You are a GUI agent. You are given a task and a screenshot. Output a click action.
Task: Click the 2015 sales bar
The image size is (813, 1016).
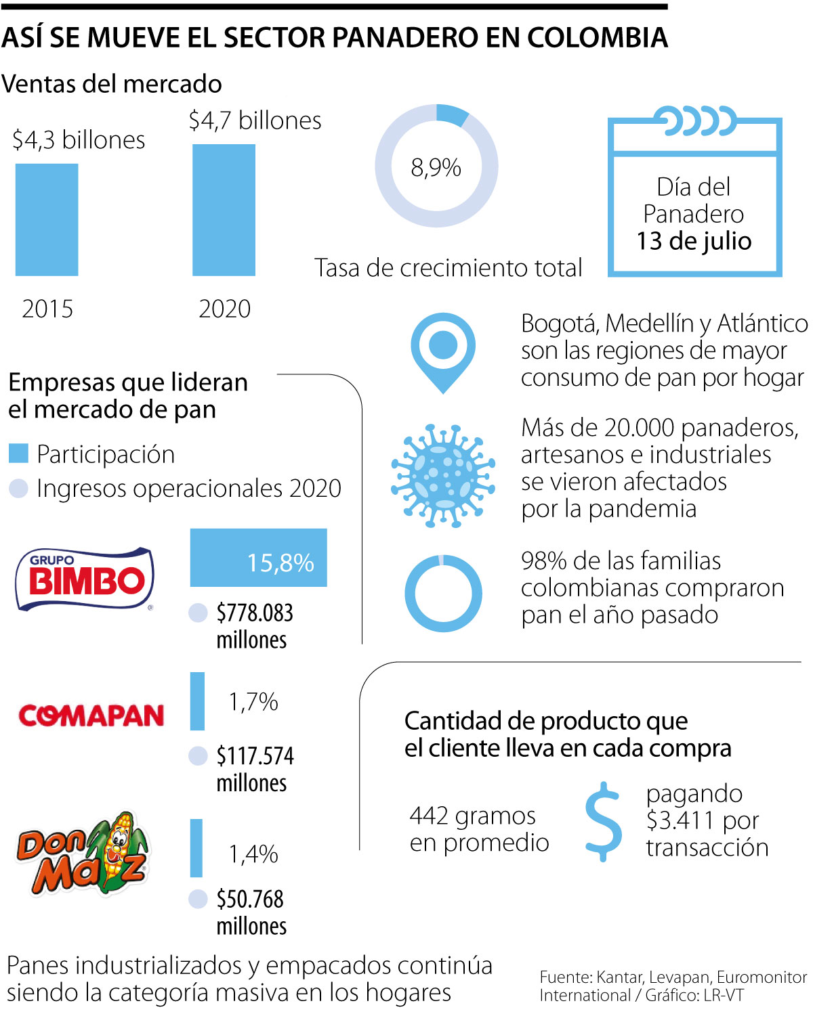(47, 220)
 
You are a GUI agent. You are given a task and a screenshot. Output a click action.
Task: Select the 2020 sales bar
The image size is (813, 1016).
(224, 210)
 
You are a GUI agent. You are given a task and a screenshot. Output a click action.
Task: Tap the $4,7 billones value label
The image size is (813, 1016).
(255, 120)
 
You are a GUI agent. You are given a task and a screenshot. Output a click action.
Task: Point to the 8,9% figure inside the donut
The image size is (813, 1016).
(436, 167)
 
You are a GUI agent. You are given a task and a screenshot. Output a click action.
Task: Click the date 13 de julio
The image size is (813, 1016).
(694, 241)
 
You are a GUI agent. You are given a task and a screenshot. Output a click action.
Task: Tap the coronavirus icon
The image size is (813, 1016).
(443, 475)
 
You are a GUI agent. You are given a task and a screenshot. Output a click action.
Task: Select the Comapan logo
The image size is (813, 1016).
(91, 715)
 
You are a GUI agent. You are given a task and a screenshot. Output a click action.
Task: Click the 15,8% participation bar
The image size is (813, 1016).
(258, 557)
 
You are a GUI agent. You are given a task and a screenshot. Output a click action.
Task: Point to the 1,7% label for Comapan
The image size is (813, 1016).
(253, 702)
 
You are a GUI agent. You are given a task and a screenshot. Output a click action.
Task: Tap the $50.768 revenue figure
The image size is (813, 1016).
(250, 899)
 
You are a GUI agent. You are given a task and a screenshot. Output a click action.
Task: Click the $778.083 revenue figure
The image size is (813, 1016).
(255, 613)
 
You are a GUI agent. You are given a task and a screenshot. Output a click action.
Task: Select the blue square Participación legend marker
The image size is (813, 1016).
(18, 454)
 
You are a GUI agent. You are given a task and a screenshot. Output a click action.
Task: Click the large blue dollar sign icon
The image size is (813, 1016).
(603, 821)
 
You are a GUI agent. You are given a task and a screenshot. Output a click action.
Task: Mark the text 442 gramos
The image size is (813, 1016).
(472, 816)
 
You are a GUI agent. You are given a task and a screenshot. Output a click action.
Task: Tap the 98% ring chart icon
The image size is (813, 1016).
(443, 594)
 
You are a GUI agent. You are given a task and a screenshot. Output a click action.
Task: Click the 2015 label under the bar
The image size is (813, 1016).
(47, 309)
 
